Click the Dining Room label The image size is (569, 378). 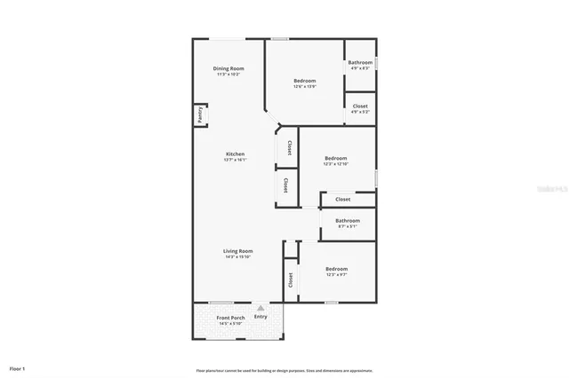(228, 68)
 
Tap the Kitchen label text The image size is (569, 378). (234, 154)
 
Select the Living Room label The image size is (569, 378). (237, 251)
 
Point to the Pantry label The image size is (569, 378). (201, 115)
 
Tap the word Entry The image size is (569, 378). (260, 317)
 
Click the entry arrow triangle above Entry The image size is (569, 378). (260, 308)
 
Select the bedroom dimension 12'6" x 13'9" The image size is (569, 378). (305, 87)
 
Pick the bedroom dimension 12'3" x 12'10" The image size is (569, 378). (335, 164)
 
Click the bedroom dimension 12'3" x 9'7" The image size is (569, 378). (335, 274)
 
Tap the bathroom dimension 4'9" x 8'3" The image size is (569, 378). (360, 68)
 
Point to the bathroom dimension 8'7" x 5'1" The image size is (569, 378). (347, 226)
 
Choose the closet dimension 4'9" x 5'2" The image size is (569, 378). (360, 112)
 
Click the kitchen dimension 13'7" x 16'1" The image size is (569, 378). (234, 160)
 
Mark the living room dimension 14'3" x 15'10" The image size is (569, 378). (237, 257)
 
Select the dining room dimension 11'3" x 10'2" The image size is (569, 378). (228, 75)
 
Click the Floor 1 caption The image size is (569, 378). (18, 367)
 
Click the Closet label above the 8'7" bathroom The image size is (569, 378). (342, 200)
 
